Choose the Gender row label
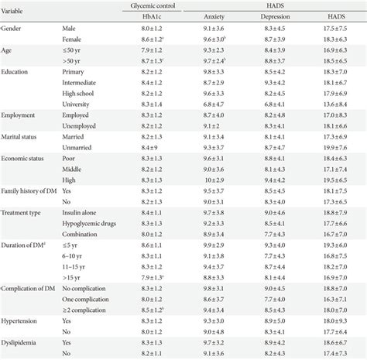[12, 29]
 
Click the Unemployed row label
[80, 125]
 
